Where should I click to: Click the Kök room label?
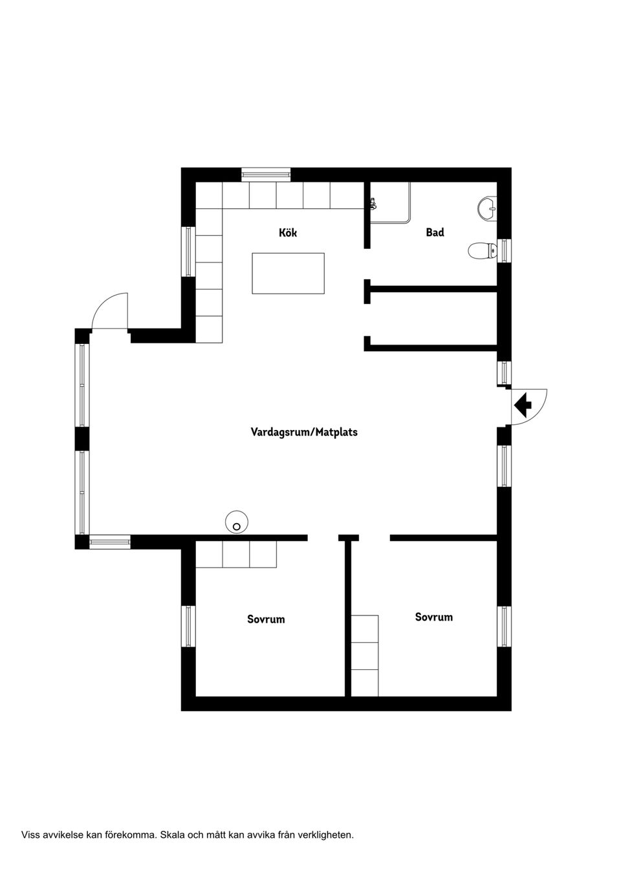[288, 233]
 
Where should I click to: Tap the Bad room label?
[435, 232]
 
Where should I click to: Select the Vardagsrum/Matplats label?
[304, 432]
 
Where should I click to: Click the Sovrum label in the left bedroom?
[266, 619]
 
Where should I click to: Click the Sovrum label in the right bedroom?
[433, 617]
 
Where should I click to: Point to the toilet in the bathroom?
[482, 250]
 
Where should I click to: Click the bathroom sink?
[487, 208]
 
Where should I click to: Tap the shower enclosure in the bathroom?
[390, 202]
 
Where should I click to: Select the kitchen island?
[288, 273]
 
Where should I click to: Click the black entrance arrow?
[523, 407]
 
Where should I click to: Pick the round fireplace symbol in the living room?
[237, 522]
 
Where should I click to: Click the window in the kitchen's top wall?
[266, 174]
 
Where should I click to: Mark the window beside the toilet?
[504, 250]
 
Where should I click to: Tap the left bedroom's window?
[188, 626]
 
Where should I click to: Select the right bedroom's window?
[504, 626]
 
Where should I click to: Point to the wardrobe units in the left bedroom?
[236, 554]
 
